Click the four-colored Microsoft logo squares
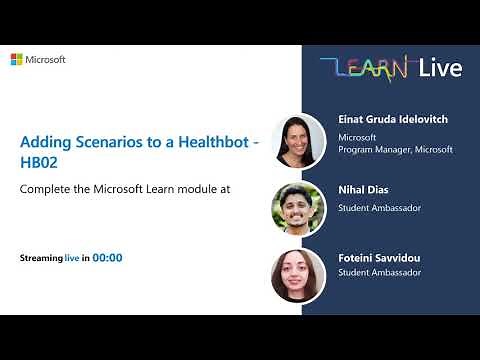[x=17, y=60]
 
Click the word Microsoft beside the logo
[x=46, y=60]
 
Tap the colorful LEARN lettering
[x=363, y=69]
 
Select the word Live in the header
[x=439, y=68]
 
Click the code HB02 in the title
[x=38, y=166]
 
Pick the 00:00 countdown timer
[x=108, y=258]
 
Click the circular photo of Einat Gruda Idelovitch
[x=298, y=139]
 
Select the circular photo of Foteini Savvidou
[x=298, y=274]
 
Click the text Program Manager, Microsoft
[x=395, y=149]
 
